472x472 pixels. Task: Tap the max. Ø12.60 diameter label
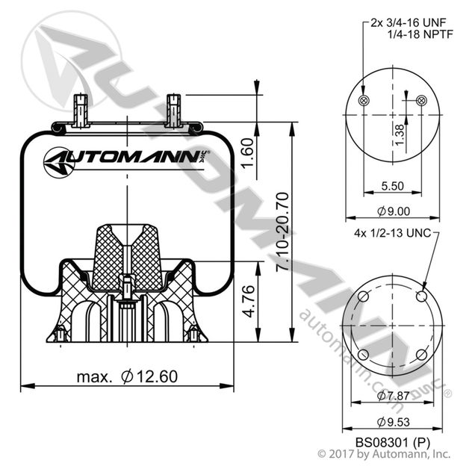[x=127, y=376]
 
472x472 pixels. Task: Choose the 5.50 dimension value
[x=391, y=186]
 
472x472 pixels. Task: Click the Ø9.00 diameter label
[x=391, y=212]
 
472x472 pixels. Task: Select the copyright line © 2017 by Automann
[x=384, y=453]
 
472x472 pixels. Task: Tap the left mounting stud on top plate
[x=81, y=109]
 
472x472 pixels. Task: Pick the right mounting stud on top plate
[x=173, y=109]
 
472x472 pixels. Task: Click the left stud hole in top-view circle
[x=364, y=101]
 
